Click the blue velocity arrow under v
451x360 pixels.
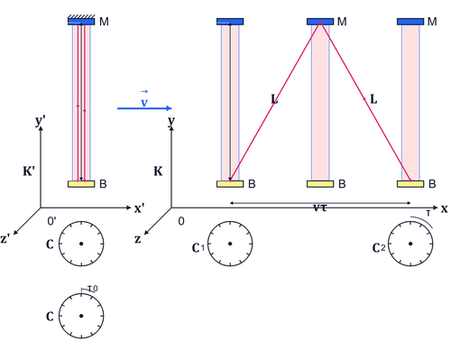(144, 108)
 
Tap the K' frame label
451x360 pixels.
(29, 171)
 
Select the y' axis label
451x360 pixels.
(41, 121)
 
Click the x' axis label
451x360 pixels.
(139, 208)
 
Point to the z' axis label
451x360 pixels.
(5, 238)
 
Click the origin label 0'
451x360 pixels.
(51, 221)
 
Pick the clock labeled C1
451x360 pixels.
(230, 244)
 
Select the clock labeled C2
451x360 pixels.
(410, 244)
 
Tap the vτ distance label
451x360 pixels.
(319, 208)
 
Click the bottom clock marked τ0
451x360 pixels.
(81, 316)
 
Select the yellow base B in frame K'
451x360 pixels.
(81, 184)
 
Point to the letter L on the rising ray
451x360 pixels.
(274, 99)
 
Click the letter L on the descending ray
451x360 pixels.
(373, 99)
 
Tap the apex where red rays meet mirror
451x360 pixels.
(320, 23)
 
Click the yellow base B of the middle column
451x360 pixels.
(320, 184)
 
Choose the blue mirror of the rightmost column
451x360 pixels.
(410, 22)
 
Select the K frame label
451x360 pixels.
(158, 171)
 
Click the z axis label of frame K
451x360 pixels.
(138, 239)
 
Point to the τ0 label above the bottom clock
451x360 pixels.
(93, 289)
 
